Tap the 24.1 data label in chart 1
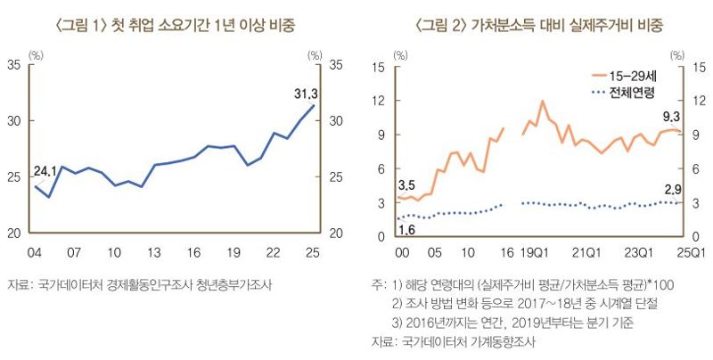(x=45, y=170)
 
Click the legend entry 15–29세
(x=626, y=75)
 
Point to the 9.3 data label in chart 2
(x=670, y=117)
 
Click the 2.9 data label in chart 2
(x=671, y=189)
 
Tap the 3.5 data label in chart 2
(x=406, y=185)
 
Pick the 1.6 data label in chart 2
(x=406, y=230)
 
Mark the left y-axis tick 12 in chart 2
(x=377, y=100)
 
